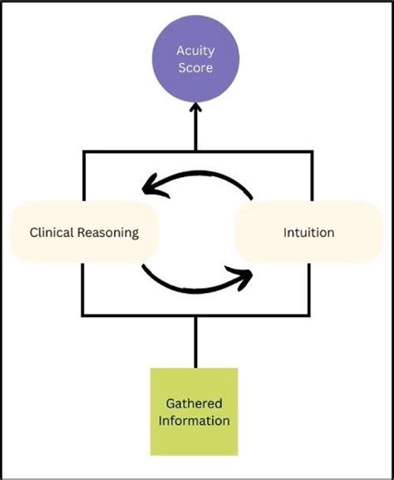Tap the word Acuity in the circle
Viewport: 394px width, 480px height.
(x=195, y=50)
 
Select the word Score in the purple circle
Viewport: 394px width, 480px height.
(x=195, y=67)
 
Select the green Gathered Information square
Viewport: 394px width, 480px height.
(x=195, y=411)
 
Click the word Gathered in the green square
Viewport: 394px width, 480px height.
(x=195, y=403)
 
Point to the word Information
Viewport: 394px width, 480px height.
(x=195, y=420)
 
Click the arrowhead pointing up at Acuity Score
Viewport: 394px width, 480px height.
(x=195, y=108)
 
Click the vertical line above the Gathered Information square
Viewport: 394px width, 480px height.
(x=195, y=341)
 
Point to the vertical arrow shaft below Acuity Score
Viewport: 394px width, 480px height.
(x=195, y=131)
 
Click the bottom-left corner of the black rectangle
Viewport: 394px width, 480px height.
(x=82, y=314)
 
